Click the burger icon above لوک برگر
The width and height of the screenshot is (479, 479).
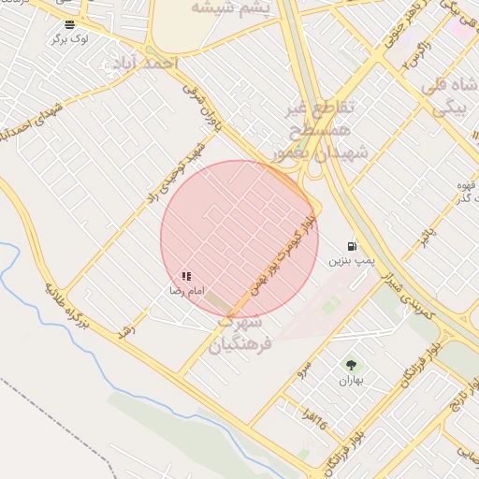(70, 23)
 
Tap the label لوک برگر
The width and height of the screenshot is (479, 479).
(70, 38)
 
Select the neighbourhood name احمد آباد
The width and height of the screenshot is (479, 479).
(150, 62)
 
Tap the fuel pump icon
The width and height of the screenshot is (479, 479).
(351, 245)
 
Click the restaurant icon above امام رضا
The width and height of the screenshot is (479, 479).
(186, 277)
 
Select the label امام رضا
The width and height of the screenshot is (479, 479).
(186, 292)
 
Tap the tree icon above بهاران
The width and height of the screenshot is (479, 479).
(350, 366)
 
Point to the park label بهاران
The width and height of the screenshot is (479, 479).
(350, 381)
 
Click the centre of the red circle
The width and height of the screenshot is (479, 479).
(239, 239)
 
